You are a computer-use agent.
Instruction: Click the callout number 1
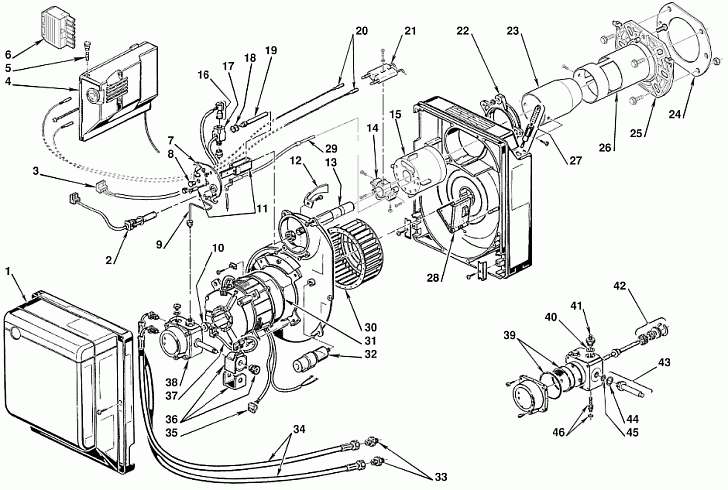click(x=8, y=271)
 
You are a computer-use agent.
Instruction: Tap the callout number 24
click(x=676, y=112)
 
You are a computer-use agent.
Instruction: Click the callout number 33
click(x=441, y=477)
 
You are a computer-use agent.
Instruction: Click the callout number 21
click(x=410, y=31)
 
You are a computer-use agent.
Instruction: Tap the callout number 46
click(x=559, y=432)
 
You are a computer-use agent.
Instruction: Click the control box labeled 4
click(x=116, y=91)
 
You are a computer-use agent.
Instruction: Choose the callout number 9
click(x=160, y=244)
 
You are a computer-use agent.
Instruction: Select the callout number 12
click(x=296, y=161)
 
